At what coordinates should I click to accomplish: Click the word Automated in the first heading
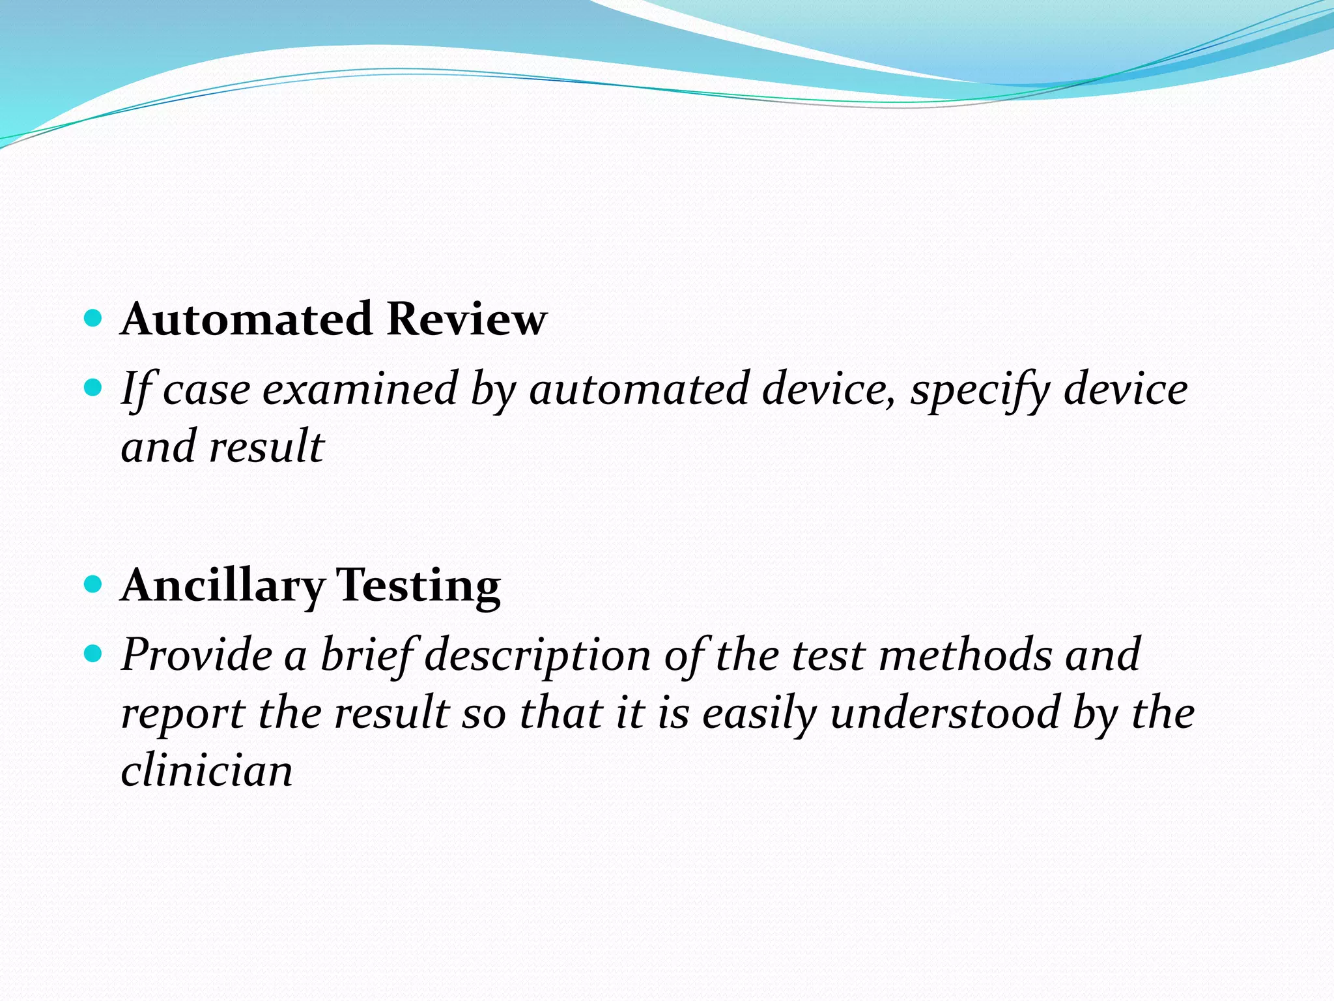[x=247, y=319]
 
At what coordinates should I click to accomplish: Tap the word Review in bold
[x=466, y=319]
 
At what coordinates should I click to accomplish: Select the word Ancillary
[x=223, y=585]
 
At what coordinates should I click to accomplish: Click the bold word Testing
[x=418, y=585]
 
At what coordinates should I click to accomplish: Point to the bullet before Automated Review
[x=94, y=318]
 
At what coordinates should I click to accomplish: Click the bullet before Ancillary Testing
[x=94, y=583]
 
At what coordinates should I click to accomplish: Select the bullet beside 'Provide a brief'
[x=94, y=653]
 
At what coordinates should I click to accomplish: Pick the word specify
[x=980, y=389]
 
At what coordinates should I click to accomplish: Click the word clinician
[x=206, y=770]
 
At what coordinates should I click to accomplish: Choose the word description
[x=538, y=654]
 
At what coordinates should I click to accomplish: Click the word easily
[x=759, y=712]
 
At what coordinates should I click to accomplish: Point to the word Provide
[x=197, y=654]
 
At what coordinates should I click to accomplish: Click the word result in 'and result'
[x=266, y=447]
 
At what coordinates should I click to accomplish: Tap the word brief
[x=367, y=654]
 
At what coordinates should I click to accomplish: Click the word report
[x=183, y=712]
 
